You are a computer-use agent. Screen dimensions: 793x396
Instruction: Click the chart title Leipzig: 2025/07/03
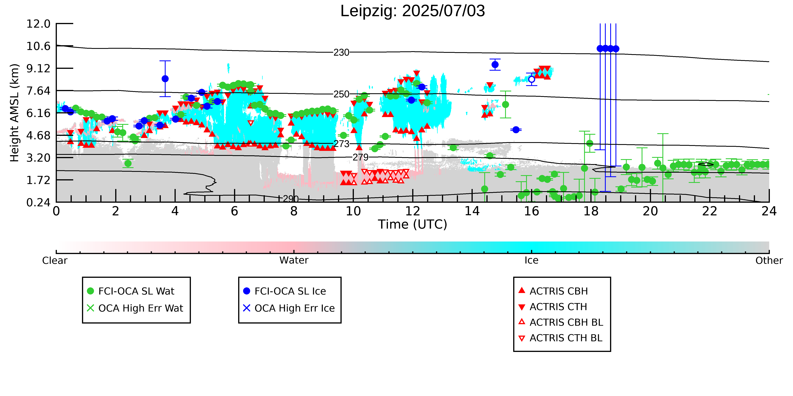coord(413,11)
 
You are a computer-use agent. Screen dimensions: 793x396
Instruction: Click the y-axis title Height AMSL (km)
coord(15,113)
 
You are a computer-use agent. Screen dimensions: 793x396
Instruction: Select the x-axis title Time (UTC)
coord(413,224)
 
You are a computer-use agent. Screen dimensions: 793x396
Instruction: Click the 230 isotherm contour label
coord(341,53)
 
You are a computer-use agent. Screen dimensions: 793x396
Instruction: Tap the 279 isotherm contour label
coord(360,157)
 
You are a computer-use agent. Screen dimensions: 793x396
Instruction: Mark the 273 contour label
coord(341,144)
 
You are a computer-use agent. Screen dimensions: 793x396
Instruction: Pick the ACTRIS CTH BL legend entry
coord(560,338)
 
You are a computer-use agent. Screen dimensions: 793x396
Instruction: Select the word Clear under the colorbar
coord(55,260)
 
